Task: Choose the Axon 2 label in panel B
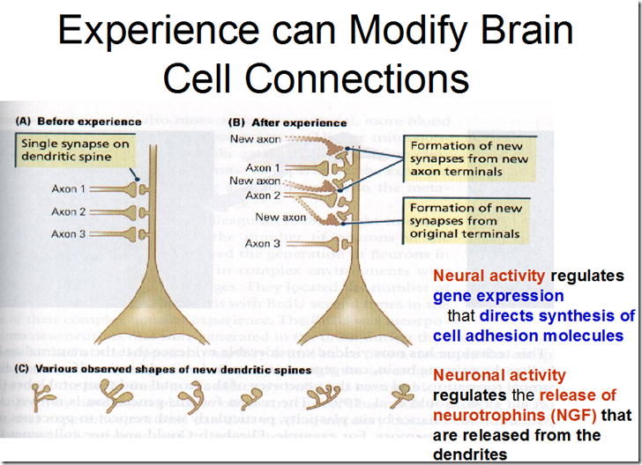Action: [263, 195]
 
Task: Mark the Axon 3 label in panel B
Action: [263, 243]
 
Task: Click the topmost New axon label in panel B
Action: [253, 138]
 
